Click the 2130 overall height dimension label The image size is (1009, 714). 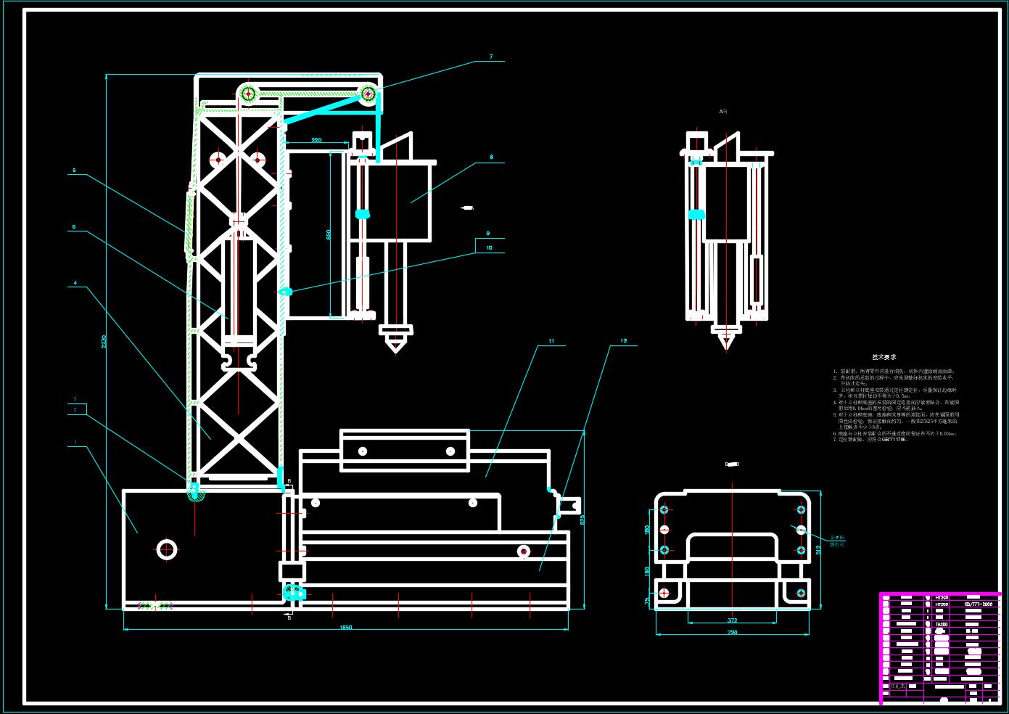(104, 341)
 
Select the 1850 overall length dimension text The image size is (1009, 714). (346, 628)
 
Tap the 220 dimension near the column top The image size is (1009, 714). (316, 140)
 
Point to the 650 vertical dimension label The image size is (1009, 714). (328, 234)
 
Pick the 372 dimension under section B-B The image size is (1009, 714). (732, 620)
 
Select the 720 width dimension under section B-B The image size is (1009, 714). (732, 633)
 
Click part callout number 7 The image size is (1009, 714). (491, 57)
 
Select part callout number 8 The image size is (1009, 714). (491, 157)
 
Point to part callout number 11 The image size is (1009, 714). (551, 341)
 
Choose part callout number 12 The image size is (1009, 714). (623, 341)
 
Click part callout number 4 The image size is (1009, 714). (74, 284)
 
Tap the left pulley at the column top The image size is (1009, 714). (248, 93)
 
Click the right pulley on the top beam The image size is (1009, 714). (368, 93)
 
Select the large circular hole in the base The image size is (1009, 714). (167, 549)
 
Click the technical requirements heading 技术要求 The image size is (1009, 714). (884, 357)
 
